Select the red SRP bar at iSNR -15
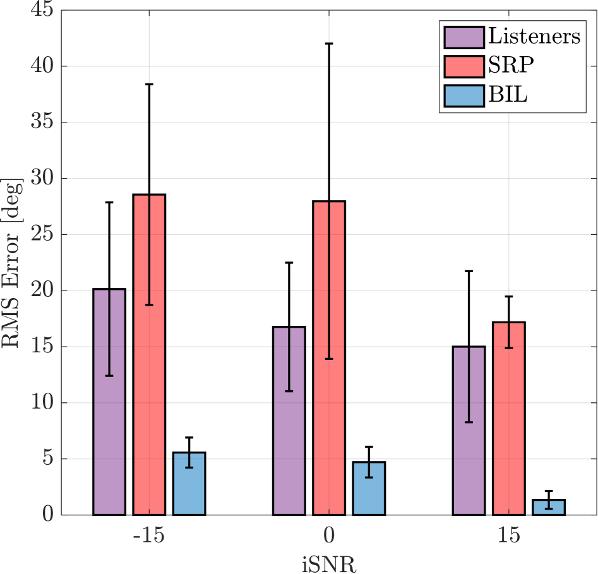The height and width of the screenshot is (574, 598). (x=149, y=354)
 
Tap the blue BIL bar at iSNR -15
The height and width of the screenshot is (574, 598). (x=189, y=484)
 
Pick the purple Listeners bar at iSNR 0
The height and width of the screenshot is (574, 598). (x=289, y=421)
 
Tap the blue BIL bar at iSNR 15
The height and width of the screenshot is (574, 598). (x=548, y=507)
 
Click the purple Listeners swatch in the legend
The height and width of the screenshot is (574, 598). (x=463, y=36)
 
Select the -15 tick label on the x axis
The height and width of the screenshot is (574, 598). (x=148, y=535)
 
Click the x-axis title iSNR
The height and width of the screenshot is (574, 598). (x=328, y=563)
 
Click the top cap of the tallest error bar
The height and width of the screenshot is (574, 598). (x=329, y=44)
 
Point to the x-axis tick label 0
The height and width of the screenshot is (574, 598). (x=329, y=535)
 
